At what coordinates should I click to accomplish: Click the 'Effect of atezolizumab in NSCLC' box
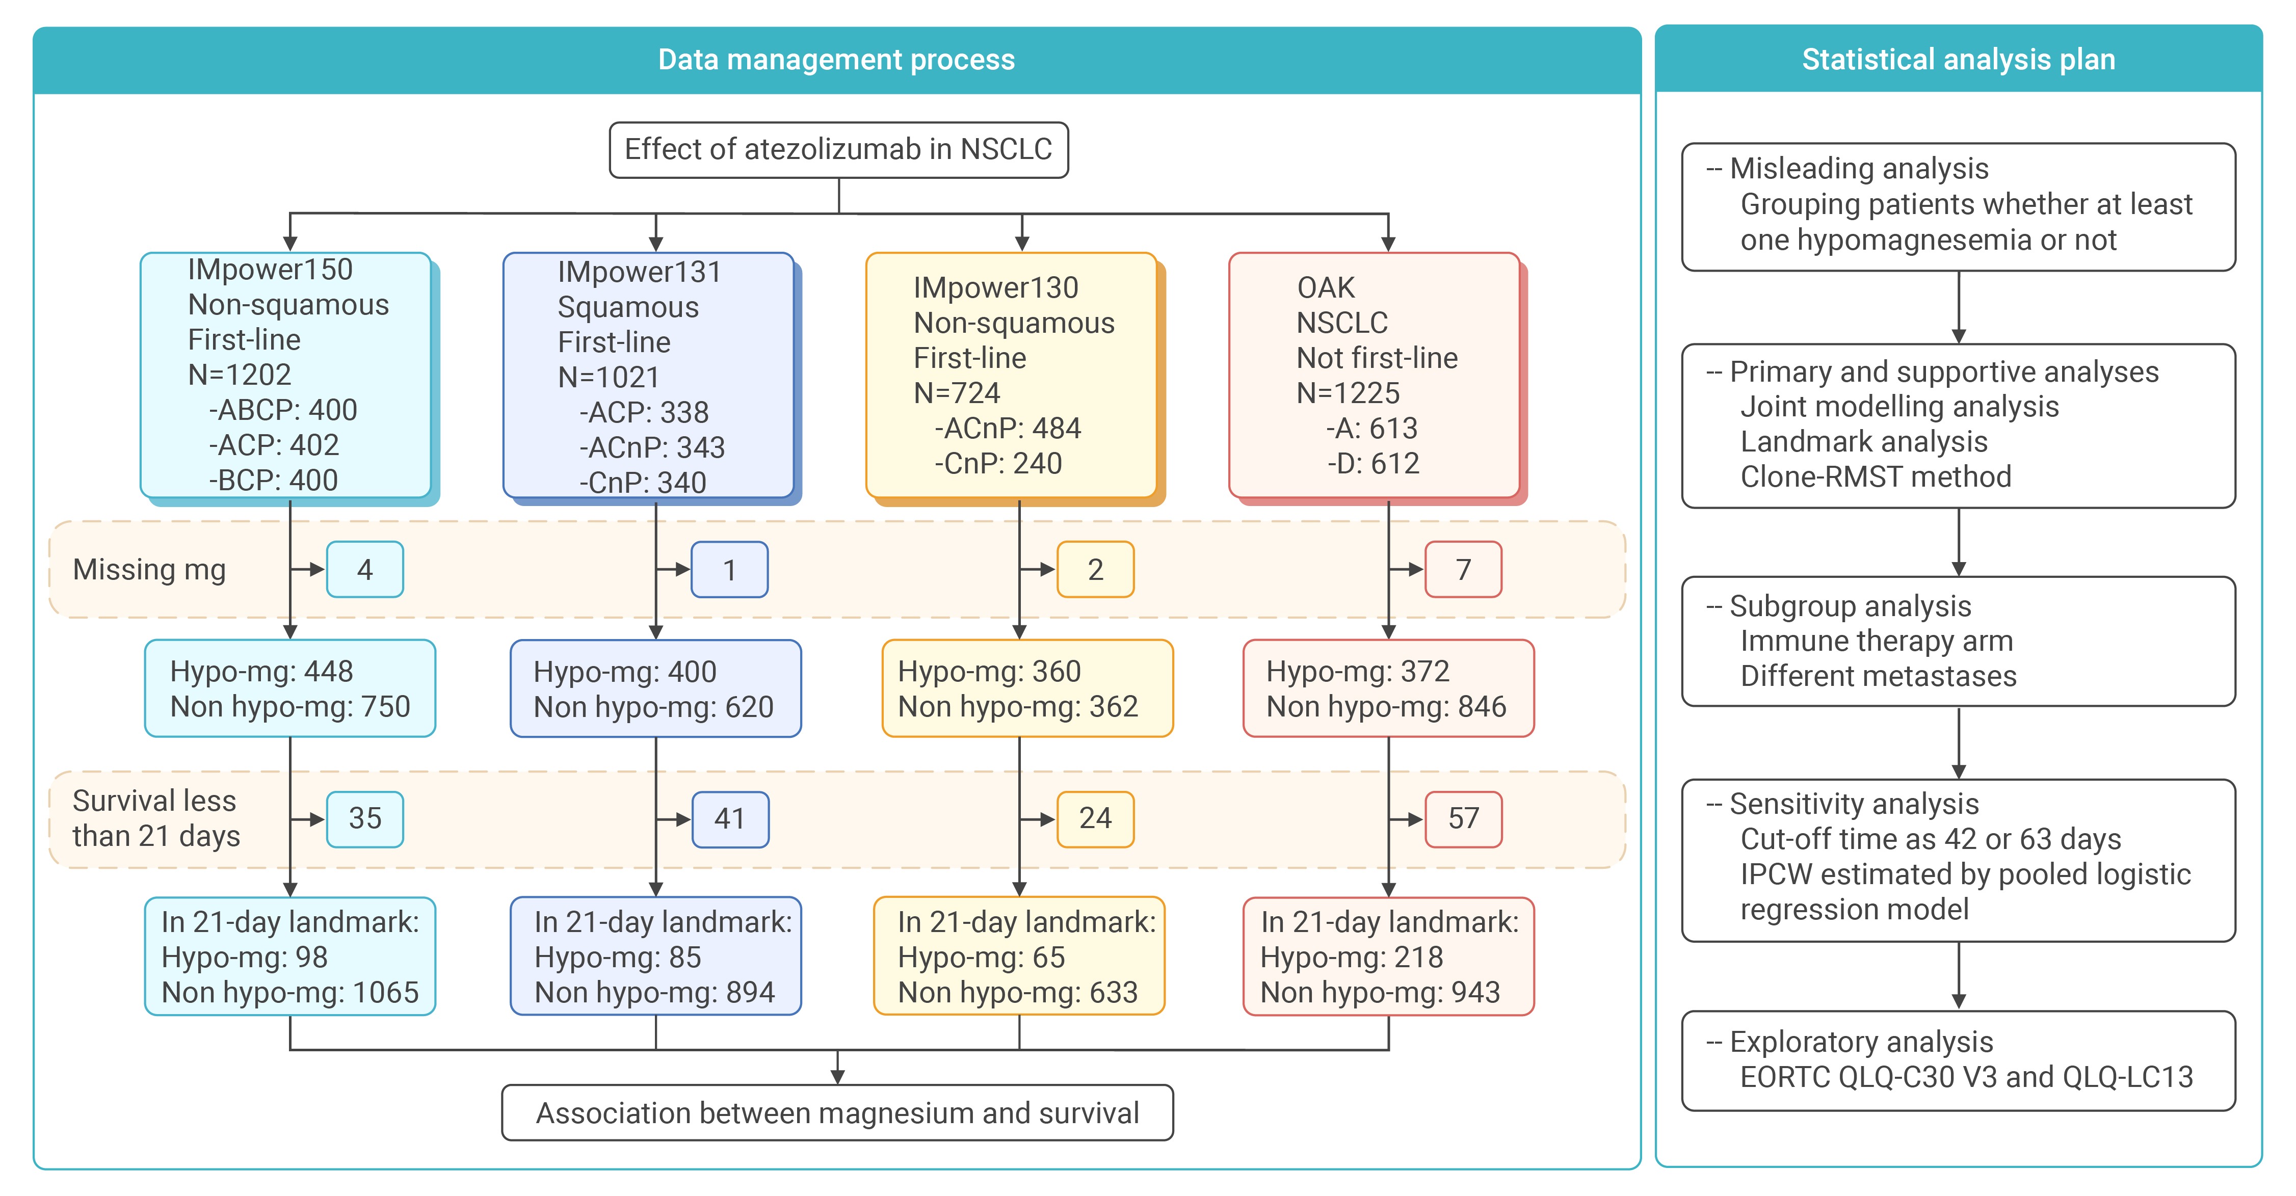pos(839,150)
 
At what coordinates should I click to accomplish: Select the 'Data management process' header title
pos(836,60)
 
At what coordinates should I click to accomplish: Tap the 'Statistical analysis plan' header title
pos(1958,60)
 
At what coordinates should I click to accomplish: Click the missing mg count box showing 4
pos(364,570)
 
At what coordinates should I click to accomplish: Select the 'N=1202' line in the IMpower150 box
pos(240,375)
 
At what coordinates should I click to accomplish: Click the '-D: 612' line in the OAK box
pos(1373,463)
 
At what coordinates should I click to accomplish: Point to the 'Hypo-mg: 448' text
pos(261,671)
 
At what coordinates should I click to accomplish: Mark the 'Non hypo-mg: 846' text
pos(1386,707)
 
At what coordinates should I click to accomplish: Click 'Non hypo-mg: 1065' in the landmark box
pos(289,992)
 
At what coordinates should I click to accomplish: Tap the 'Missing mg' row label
pos(149,570)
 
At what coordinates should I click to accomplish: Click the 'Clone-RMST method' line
pos(1876,477)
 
